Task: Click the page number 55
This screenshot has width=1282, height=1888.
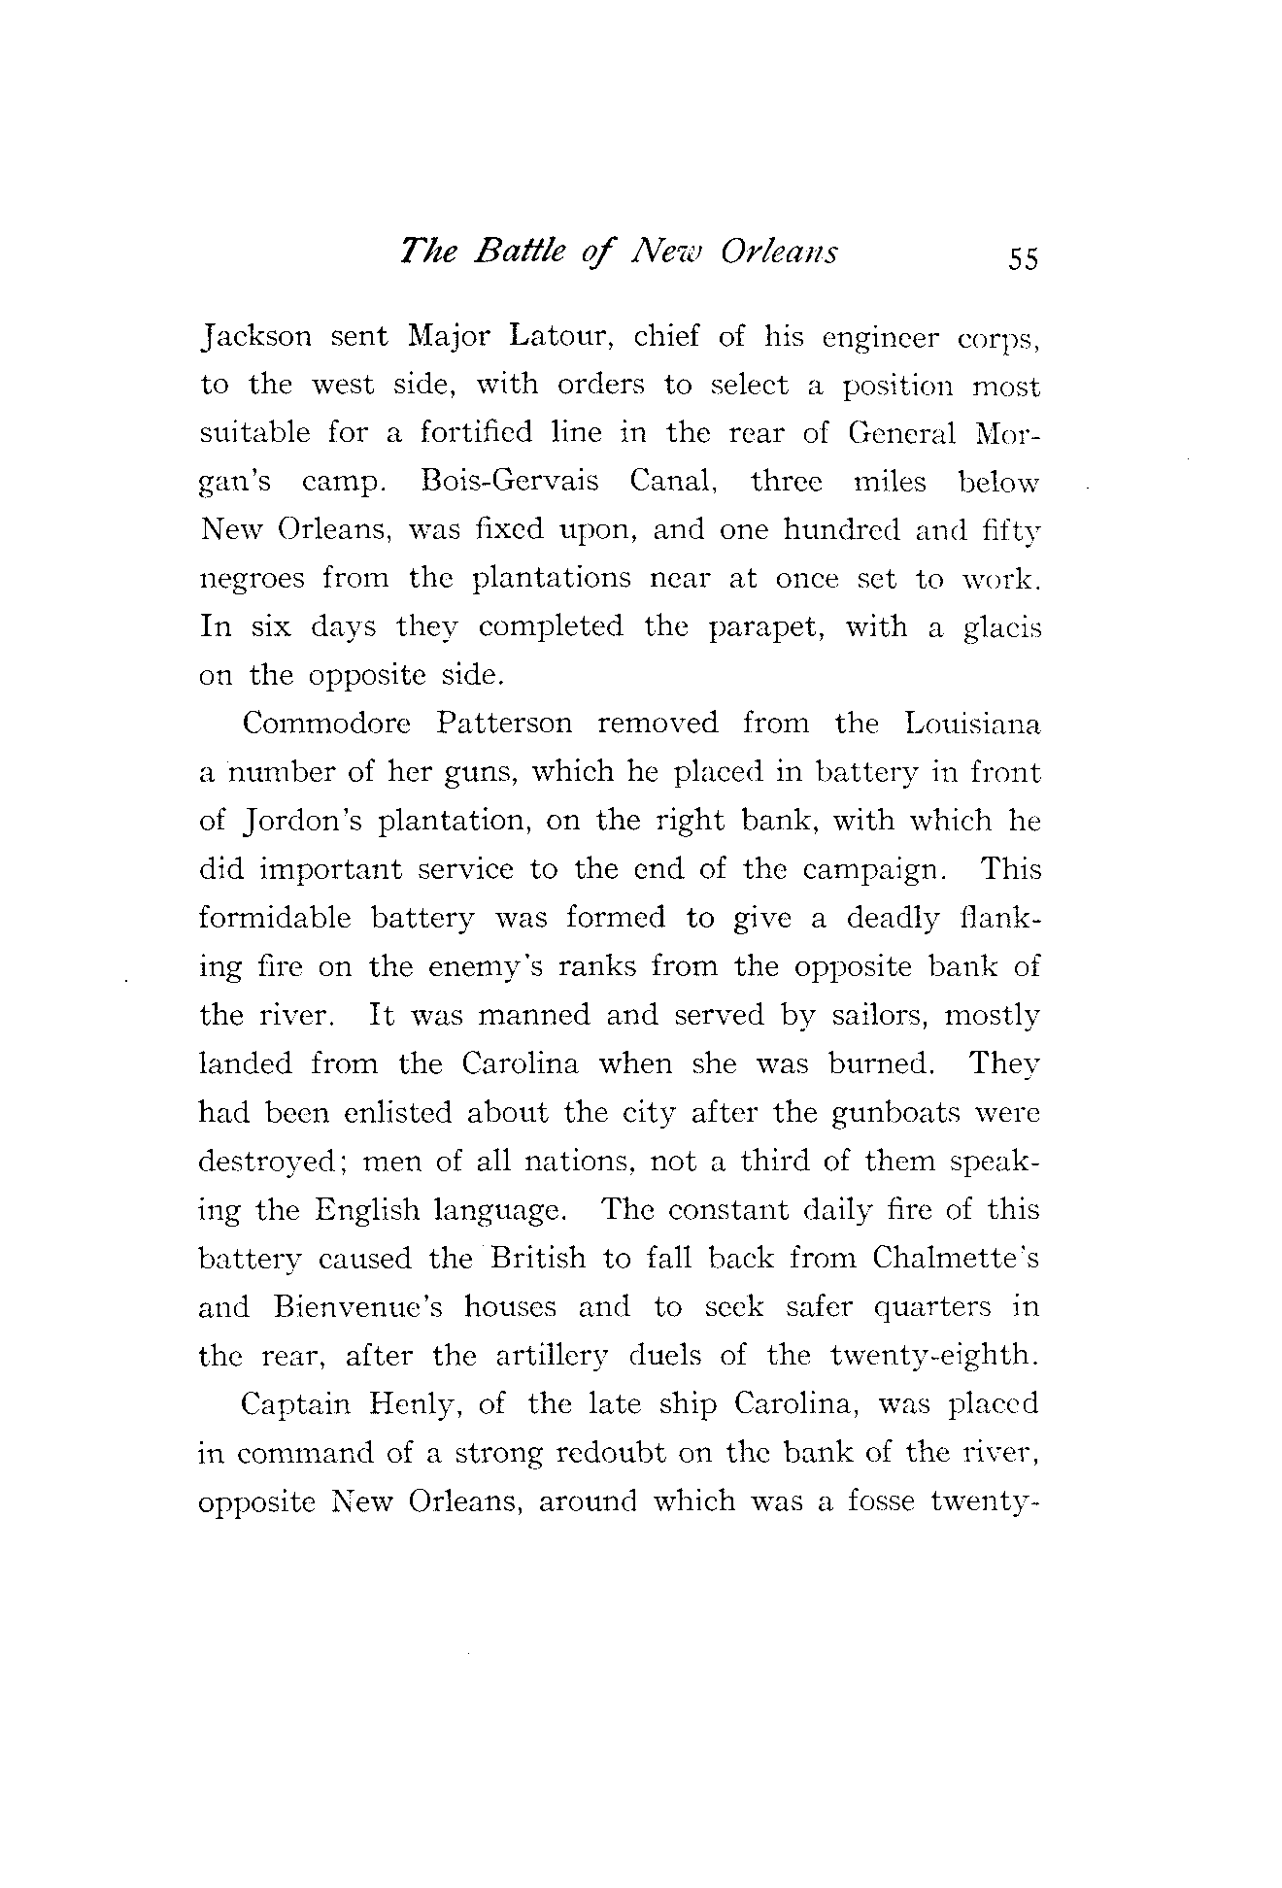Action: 1023,259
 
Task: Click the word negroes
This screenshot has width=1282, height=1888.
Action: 252,581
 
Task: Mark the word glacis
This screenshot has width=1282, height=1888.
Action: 999,629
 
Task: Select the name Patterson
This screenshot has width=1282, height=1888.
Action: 504,725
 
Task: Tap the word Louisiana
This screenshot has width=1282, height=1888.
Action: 971,725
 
